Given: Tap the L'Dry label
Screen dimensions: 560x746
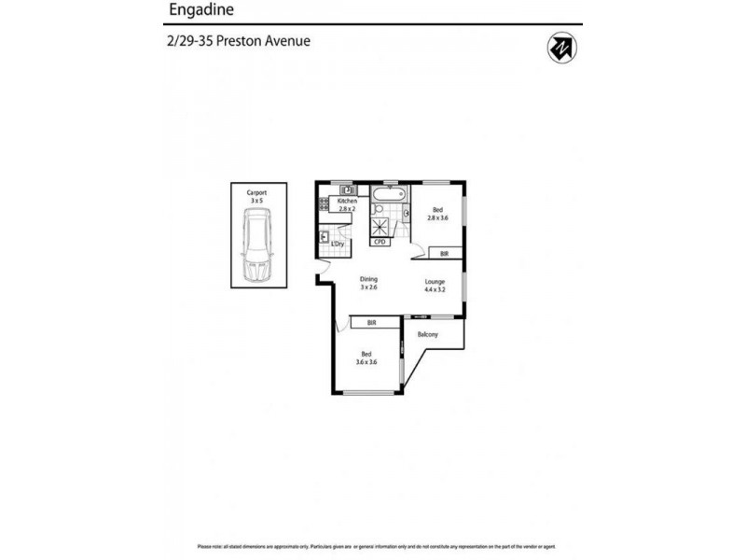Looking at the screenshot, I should [x=338, y=244].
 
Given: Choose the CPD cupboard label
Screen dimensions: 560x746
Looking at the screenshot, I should [x=380, y=242].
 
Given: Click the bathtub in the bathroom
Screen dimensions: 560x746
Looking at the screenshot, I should [x=387, y=197].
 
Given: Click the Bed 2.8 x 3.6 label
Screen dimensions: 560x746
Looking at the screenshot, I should [x=437, y=213].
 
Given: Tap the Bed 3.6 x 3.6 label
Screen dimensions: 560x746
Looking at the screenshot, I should [x=367, y=357].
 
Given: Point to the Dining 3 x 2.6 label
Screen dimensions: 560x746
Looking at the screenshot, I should [x=368, y=282].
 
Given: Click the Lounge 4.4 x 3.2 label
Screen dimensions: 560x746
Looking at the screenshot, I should [x=435, y=285].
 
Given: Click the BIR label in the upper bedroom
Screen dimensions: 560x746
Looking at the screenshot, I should [x=444, y=253].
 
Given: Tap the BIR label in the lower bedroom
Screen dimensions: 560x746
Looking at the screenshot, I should [x=371, y=323].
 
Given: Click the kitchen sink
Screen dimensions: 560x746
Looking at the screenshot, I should [x=344, y=189].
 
